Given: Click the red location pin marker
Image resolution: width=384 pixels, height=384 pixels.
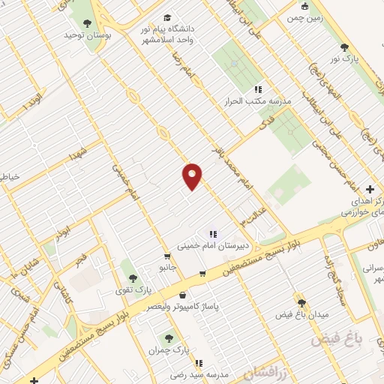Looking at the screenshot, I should click(193, 175).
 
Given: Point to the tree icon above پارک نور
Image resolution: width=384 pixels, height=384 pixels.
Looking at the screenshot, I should click(345, 46).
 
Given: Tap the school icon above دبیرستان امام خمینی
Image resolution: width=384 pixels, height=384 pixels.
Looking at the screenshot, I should click(212, 233).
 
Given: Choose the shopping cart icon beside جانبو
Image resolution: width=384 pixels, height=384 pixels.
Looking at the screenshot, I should click(201, 273).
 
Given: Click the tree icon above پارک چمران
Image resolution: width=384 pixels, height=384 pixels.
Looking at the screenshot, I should click(169, 337).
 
